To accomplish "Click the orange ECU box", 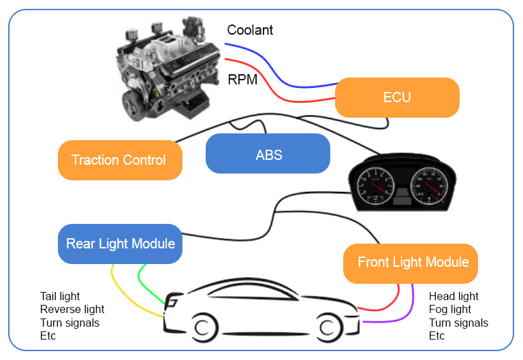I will [397, 97].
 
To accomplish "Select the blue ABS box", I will [268, 154].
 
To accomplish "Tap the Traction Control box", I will [119, 161].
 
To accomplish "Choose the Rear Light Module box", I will [121, 244].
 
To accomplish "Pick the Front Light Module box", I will [413, 263].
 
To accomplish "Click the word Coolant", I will [250, 30].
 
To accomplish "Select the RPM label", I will [242, 80].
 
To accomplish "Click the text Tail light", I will [60, 296].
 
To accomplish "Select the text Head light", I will [454, 296].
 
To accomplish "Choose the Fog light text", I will [449, 310].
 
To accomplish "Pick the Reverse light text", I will [72, 310].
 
